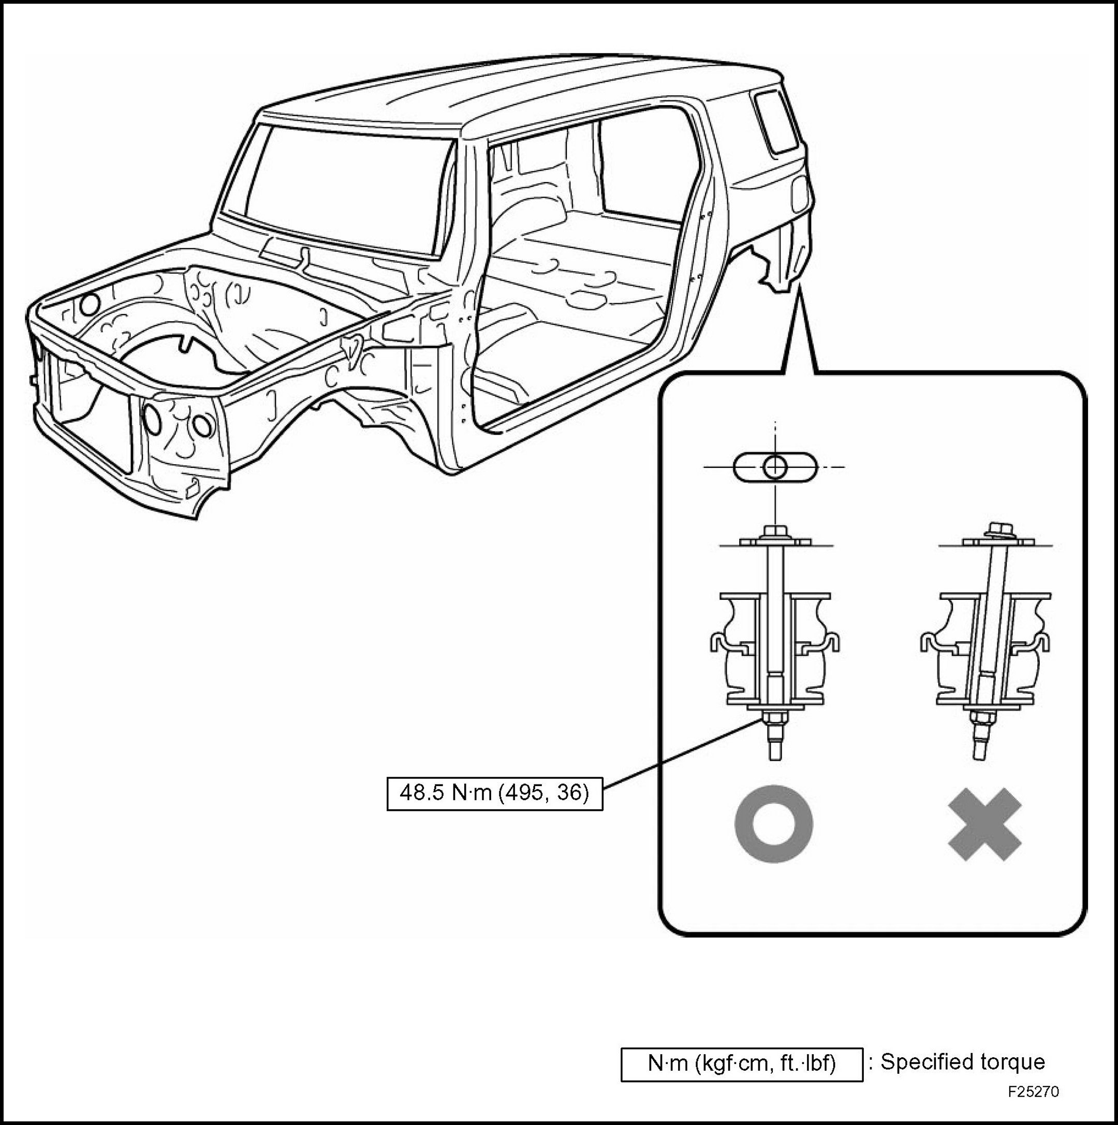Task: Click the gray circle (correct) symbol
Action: pyautogui.click(x=774, y=824)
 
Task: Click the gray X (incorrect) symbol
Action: pyautogui.click(x=984, y=824)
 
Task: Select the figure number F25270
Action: pyautogui.click(x=1034, y=1091)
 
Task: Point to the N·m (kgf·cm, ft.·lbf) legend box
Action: pyautogui.click(x=741, y=1064)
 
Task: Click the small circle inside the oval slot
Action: pyautogui.click(x=775, y=466)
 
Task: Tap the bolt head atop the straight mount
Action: pyautogui.click(x=775, y=530)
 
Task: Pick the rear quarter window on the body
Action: pyautogui.click(x=775, y=121)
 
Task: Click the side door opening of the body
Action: pyautogui.click(x=588, y=262)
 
